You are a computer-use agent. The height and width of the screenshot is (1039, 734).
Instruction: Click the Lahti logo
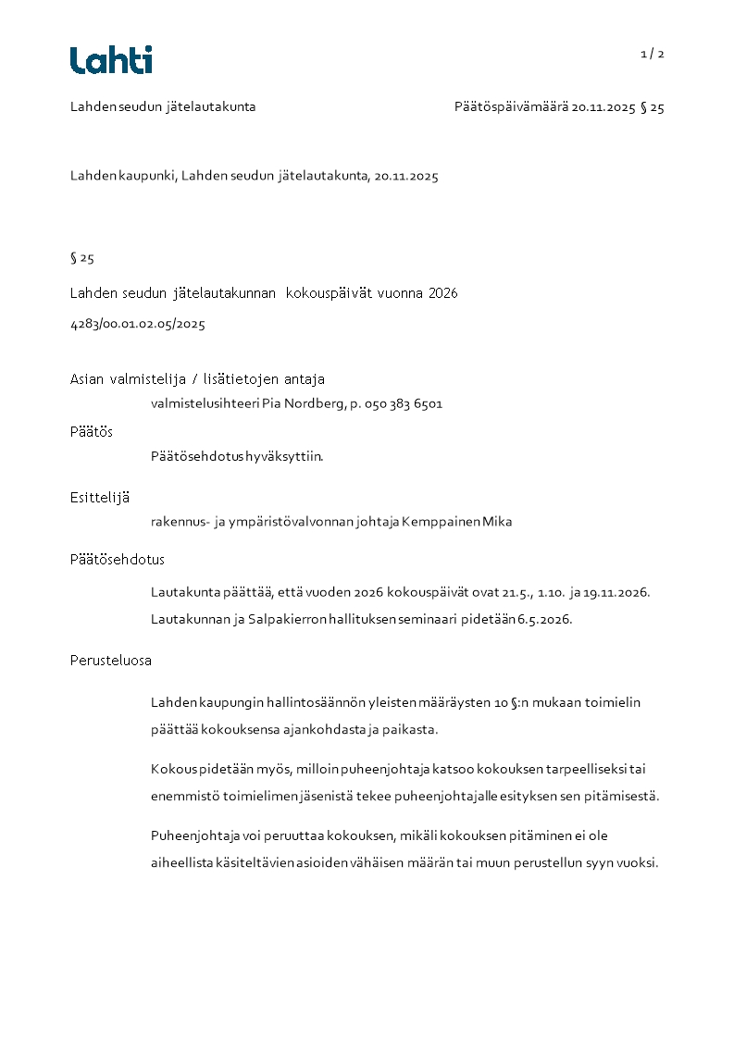111,60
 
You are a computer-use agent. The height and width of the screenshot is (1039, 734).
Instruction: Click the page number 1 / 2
653,54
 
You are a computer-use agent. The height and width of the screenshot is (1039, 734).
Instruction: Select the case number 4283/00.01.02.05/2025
137,324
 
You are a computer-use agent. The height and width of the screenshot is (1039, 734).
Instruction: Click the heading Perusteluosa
111,661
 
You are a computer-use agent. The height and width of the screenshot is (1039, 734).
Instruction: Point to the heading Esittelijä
100,497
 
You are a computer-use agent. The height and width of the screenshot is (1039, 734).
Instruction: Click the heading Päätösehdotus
118,559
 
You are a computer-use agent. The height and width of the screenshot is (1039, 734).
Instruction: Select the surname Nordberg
313,404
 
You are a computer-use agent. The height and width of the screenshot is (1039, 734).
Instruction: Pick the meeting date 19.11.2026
623,592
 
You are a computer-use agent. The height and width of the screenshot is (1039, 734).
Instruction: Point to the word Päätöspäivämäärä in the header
511,107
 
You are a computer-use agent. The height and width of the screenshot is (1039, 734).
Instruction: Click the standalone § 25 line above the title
82,258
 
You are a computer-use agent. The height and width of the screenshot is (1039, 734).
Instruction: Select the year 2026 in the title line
442,293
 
